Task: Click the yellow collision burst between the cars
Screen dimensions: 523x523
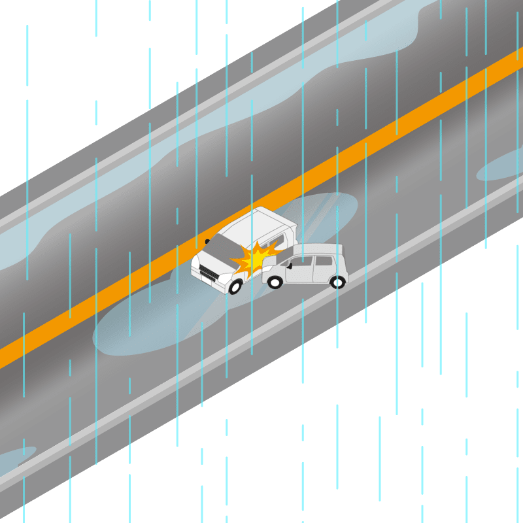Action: [255, 259]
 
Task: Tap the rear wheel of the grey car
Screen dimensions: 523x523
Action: [337, 282]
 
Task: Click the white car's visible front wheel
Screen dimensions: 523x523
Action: [233, 286]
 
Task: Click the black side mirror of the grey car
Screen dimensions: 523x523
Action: [290, 266]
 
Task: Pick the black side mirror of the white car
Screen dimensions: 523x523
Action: [207, 241]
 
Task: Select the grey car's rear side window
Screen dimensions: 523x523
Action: [324, 261]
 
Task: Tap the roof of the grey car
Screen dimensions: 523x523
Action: [318, 249]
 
